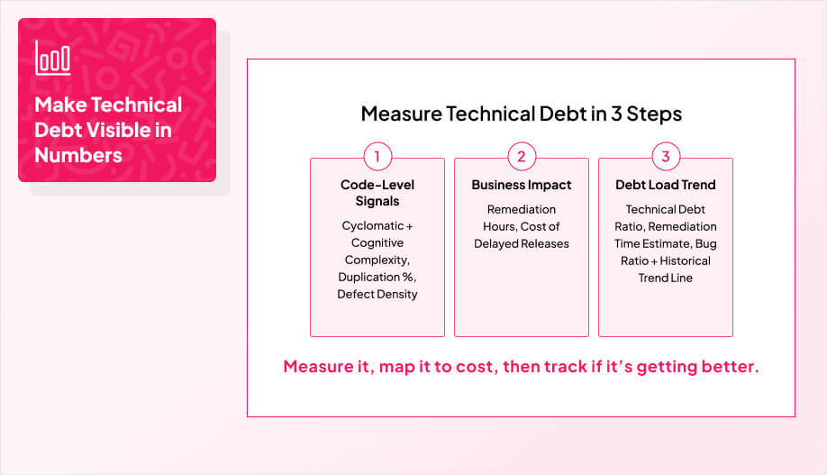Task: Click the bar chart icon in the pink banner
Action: click(53, 58)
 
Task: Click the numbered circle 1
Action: click(377, 157)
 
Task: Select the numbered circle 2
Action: click(521, 157)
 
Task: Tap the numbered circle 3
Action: click(666, 157)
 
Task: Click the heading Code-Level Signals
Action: click(377, 193)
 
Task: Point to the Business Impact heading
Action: click(521, 185)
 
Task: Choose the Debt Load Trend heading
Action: click(665, 185)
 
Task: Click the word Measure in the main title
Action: click(393, 114)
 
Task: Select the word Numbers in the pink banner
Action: click(78, 155)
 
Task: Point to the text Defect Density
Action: click(377, 294)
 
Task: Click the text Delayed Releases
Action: click(522, 243)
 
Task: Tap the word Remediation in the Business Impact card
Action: click(521, 209)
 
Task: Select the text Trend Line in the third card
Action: click(665, 278)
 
